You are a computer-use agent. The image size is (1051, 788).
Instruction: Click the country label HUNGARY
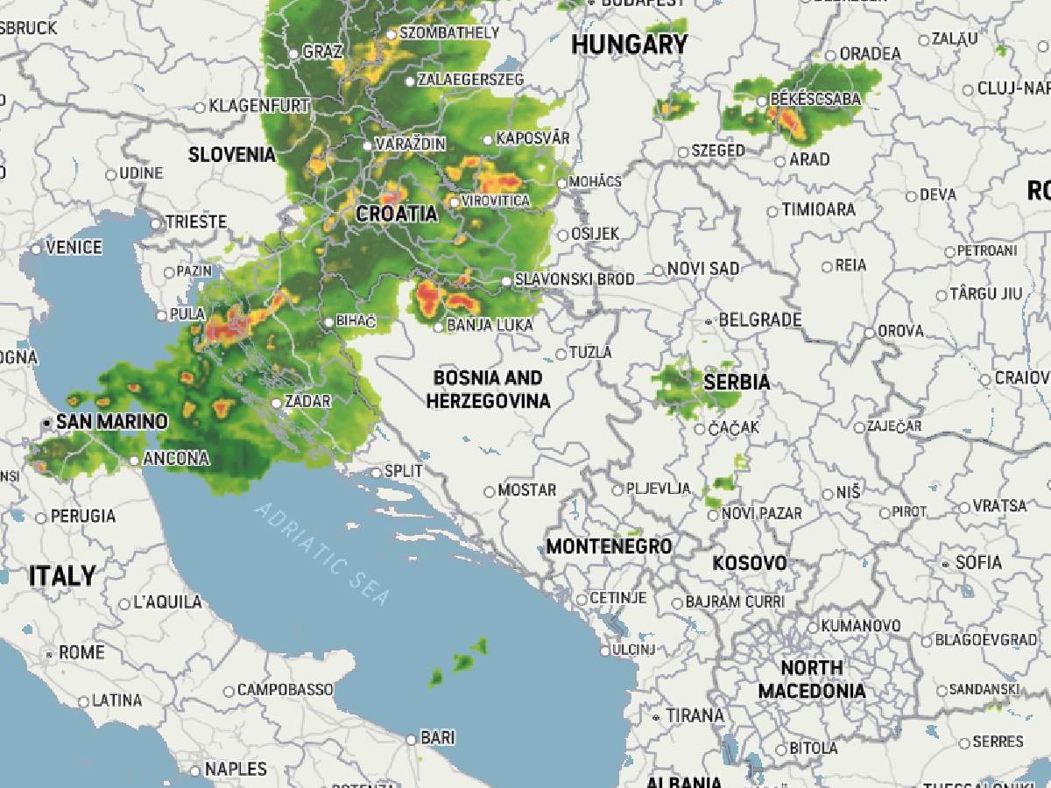pyautogui.click(x=629, y=46)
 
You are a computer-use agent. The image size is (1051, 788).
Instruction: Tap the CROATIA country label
pyautogui.click(x=396, y=214)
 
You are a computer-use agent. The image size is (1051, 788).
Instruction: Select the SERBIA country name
pyautogui.click(x=737, y=382)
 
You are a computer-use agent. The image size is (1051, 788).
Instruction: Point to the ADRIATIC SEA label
pyautogui.click(x=322, y=554)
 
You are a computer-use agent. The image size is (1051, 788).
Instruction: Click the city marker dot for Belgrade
pyautogui.click(x=709, y=321)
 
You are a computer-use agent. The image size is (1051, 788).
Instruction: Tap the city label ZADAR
pyautogui.click(x=307, y=402)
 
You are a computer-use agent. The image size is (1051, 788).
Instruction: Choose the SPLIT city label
pyautogui.click(x=404, y=471)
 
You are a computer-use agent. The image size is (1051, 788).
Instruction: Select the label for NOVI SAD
pyautogui.click(x=702, y=269)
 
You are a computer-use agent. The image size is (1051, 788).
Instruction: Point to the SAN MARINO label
pyautogui.click(x=111, y=422)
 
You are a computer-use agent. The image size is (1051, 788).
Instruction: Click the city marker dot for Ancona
pyautogui.click(x=133, y=460)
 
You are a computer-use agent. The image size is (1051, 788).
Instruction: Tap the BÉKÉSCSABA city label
pyautogui.click(x=815, y=99)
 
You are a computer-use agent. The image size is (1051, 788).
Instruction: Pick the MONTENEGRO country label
pyautogui.click(x=609, y=546)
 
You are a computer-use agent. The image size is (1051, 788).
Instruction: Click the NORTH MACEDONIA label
pyautogui.click(x=811, y=679)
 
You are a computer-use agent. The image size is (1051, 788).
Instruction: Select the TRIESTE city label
pyautogui.click(x=196, y=222)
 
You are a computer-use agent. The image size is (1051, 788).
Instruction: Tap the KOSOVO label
pyautogui.click(x=749, y=563)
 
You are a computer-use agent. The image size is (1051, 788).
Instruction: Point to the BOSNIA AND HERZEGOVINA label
pyautogui.click(x=488, y=390)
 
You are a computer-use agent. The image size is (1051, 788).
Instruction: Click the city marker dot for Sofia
pyautogui.click(x=944, y=563)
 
